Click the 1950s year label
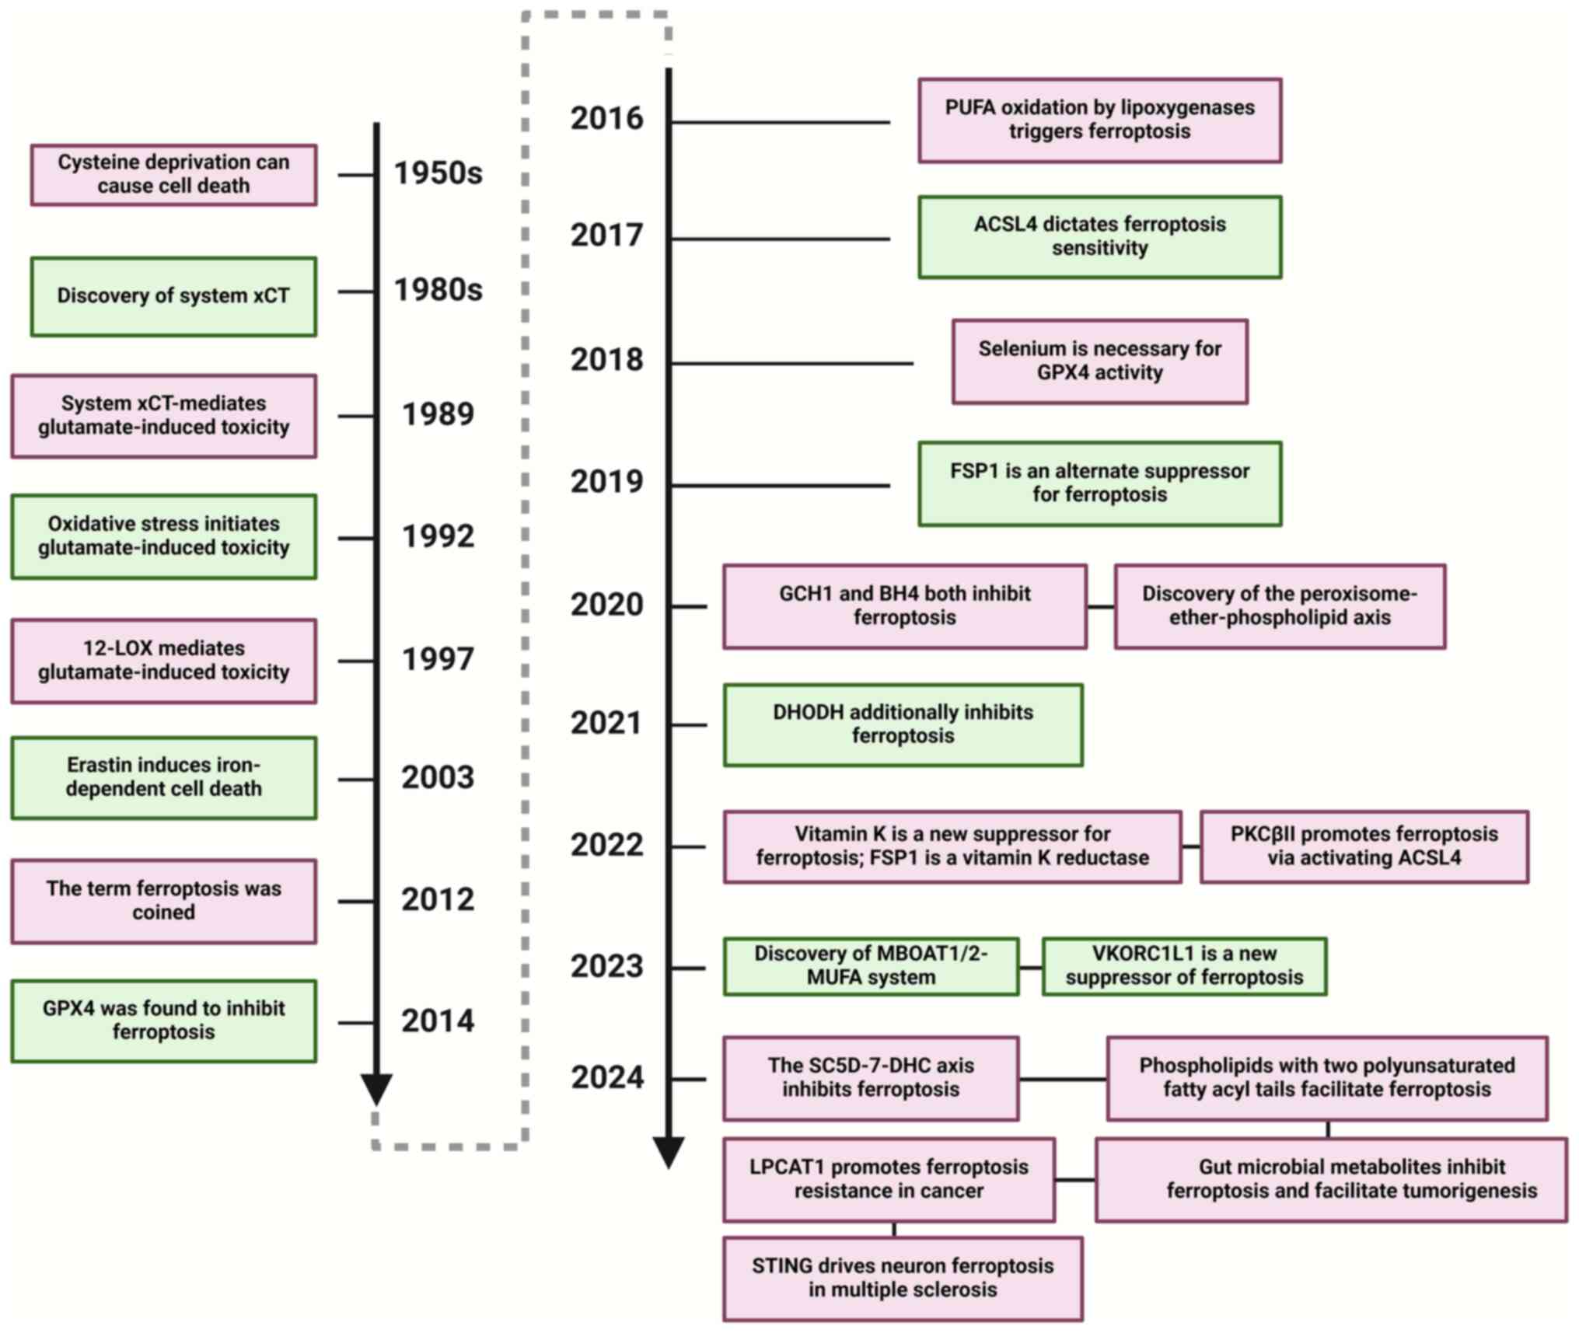[438, 173]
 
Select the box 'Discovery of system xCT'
[173, 296]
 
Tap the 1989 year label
[438, 414]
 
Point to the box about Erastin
[163, 777]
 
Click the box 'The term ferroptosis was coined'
[163, 900]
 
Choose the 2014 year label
[438, 1021]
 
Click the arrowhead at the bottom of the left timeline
[377, 1087]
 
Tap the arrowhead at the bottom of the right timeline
[669, 1151]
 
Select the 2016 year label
[606, 118]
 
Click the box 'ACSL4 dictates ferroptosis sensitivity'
[1099, 236]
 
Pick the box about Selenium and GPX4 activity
[1099, 361]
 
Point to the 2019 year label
[606, 482]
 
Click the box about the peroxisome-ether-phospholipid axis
[1279, 606]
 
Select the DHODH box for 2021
[903, 724]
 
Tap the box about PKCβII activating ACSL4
[1364, 846]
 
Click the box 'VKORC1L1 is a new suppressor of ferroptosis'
[1183, 965]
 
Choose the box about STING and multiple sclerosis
[903, 1279]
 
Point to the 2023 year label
[606, 966]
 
